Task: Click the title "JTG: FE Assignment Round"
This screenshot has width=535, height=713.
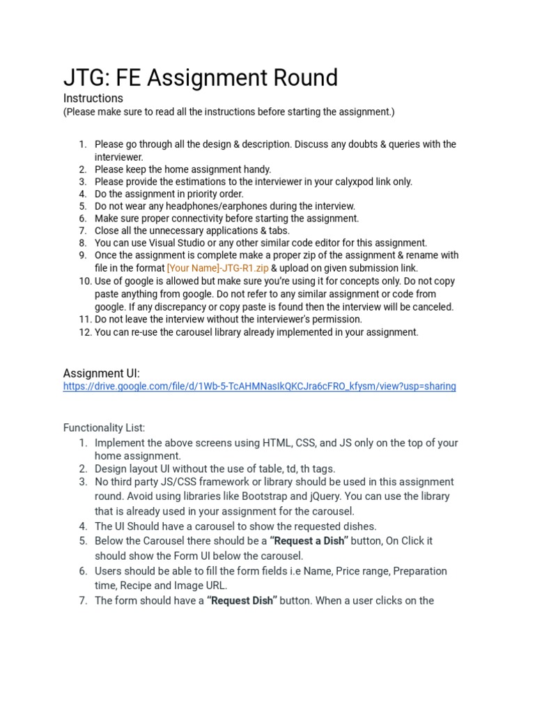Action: coord(201,77)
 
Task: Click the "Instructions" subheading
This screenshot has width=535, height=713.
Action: coord(93,98)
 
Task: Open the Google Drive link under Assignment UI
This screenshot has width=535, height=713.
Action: coord(259,386)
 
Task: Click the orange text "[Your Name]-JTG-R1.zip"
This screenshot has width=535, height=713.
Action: coord(217,268)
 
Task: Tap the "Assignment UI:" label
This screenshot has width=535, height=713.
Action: coord(101,373)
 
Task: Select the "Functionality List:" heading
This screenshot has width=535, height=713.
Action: coord(104,427)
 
